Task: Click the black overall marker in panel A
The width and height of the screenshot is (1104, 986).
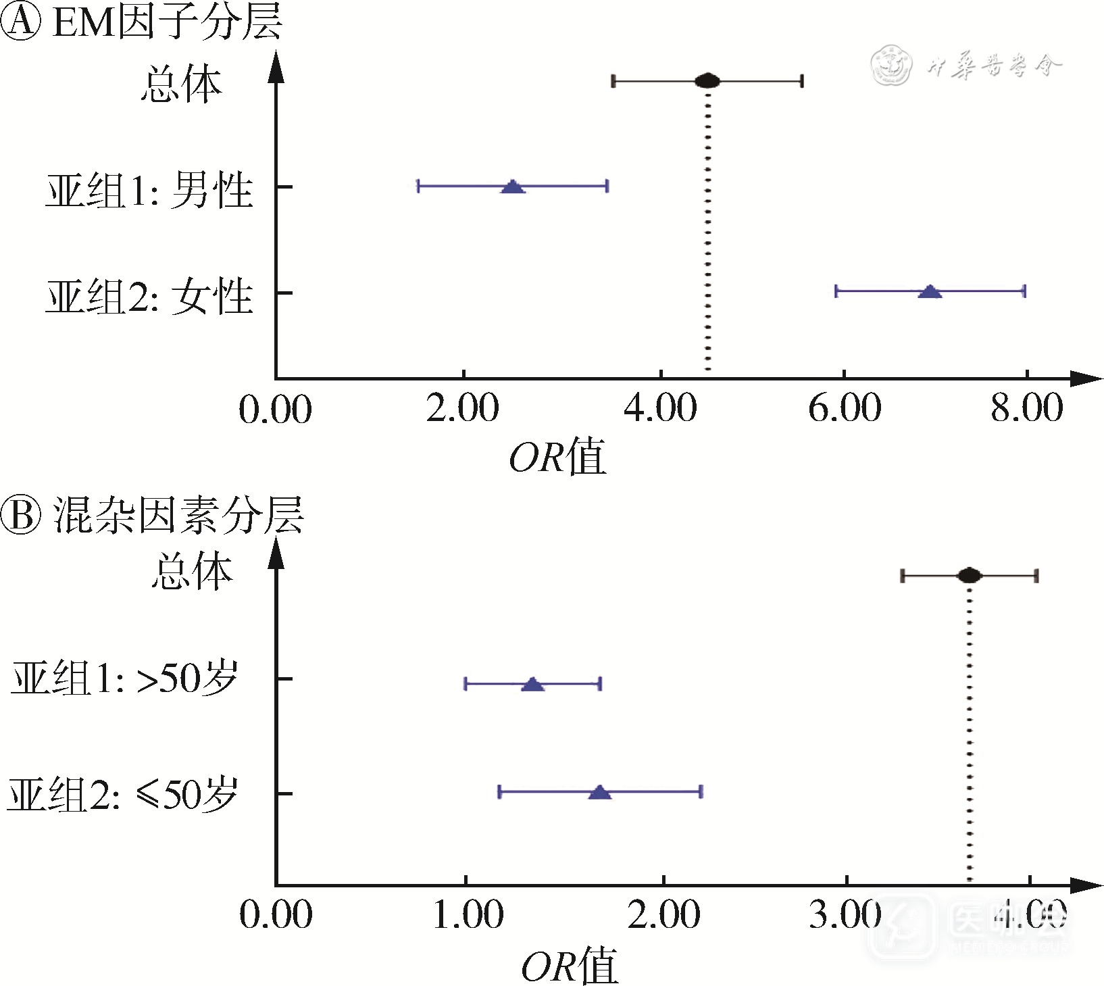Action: click(x=707, y=81)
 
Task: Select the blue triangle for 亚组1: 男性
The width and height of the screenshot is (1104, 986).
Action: click(x=513, y=187)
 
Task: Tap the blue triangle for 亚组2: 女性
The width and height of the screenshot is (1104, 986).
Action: click(x=930, y=292)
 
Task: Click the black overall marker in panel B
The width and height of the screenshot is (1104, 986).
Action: click(x=970, y=576)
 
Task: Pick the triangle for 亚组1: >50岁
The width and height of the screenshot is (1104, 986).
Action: click(x=533, y=684)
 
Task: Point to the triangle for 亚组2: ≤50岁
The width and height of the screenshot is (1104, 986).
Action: click(x=600, y=792)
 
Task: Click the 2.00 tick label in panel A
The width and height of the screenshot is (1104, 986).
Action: click(x=463, y=409)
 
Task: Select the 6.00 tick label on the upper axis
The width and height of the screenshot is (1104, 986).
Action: click(x=845, y=409)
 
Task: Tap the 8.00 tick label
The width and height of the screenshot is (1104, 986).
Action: click(x=1027, y=409)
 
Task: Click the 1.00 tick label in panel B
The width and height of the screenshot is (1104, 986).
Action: click(x=468, y=915)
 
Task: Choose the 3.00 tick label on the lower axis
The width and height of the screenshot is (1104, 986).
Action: click(x=846, y=915)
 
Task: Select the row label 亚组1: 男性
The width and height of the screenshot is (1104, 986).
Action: click(x=149, y=190)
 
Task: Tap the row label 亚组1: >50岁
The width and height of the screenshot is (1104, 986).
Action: click(x=125, y=678)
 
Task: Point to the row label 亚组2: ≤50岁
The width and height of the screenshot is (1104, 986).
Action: click(x=123, y=793)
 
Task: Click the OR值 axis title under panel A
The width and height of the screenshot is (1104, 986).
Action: click(x=557, y=457)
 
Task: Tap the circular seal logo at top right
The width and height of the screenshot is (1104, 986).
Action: click(x=891, y=66)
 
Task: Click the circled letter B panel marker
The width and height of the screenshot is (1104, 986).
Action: click(x=21, y=515)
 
